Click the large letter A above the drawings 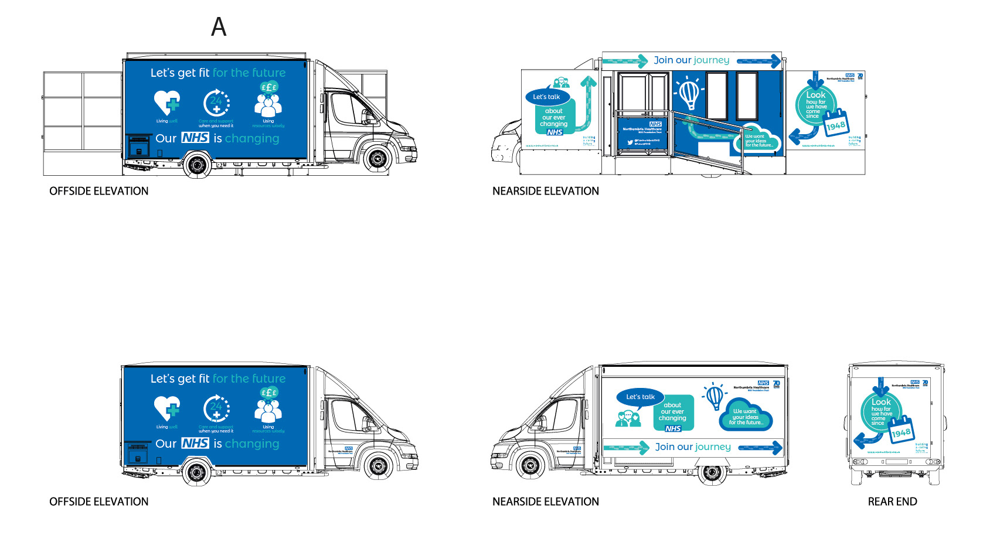pos(219,27)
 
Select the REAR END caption pos(892,502)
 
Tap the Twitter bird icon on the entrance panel pos(631,142)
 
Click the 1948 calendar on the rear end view pos(901,432)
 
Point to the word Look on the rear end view pos(881,402)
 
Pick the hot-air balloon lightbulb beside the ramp pos(689,93)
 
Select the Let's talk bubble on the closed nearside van pos(640,397)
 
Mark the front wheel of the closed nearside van pos(530,466)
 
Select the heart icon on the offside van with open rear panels pos(167,103)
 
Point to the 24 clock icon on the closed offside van pos(216,408)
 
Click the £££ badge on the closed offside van pos(269,393)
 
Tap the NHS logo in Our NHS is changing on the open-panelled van pos(195,138)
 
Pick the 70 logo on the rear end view pos(926,383)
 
